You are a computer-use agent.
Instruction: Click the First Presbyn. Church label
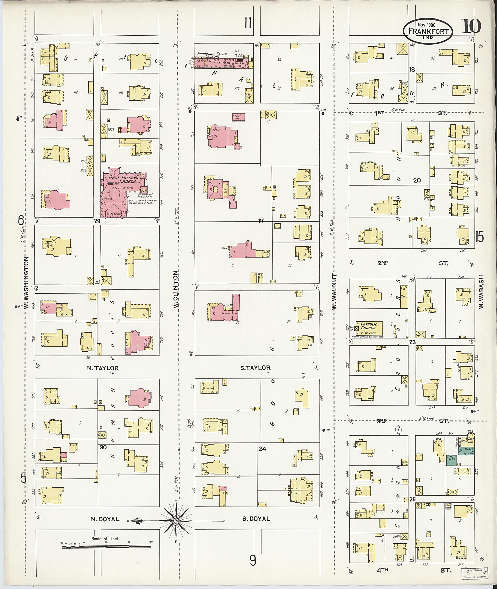(124, 179)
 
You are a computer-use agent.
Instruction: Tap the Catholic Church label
(369, 326)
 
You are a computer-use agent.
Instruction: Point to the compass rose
(176, 521)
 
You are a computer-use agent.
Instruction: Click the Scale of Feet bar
(107, 547)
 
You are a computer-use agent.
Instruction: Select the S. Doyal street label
(256, 519)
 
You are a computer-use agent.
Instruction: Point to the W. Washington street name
(26, 284)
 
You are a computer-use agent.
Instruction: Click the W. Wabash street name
(481, 291)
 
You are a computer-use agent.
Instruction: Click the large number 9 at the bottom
(253, 561)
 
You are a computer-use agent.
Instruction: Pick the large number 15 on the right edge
(479, 236)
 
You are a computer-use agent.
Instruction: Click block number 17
(261, 221)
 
